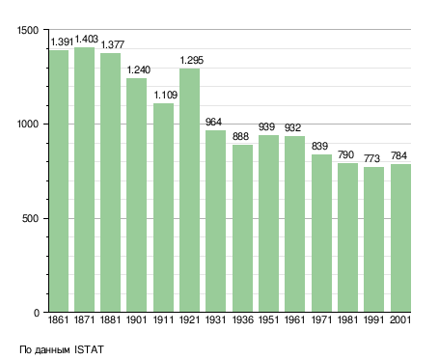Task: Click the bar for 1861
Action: [59, 180]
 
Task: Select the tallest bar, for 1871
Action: [84, 180]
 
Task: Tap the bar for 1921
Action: [189, 190]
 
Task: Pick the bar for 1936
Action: [242, 228]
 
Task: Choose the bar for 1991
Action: [373, 239]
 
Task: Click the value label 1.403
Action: [87, 40]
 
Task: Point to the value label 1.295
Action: [192, 60]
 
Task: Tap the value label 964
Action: [213, 122]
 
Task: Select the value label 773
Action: [371, 158]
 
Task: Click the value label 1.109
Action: [166, 95]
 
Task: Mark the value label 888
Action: [240, 136]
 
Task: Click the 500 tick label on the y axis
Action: [30, 218]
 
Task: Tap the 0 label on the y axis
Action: [36, 313]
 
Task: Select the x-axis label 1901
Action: [136, 320]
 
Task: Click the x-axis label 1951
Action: [268, 320]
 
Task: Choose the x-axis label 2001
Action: [400, 320]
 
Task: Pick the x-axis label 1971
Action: [321, 320]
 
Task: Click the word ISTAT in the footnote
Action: [89, 349]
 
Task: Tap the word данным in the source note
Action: [51, 350]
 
